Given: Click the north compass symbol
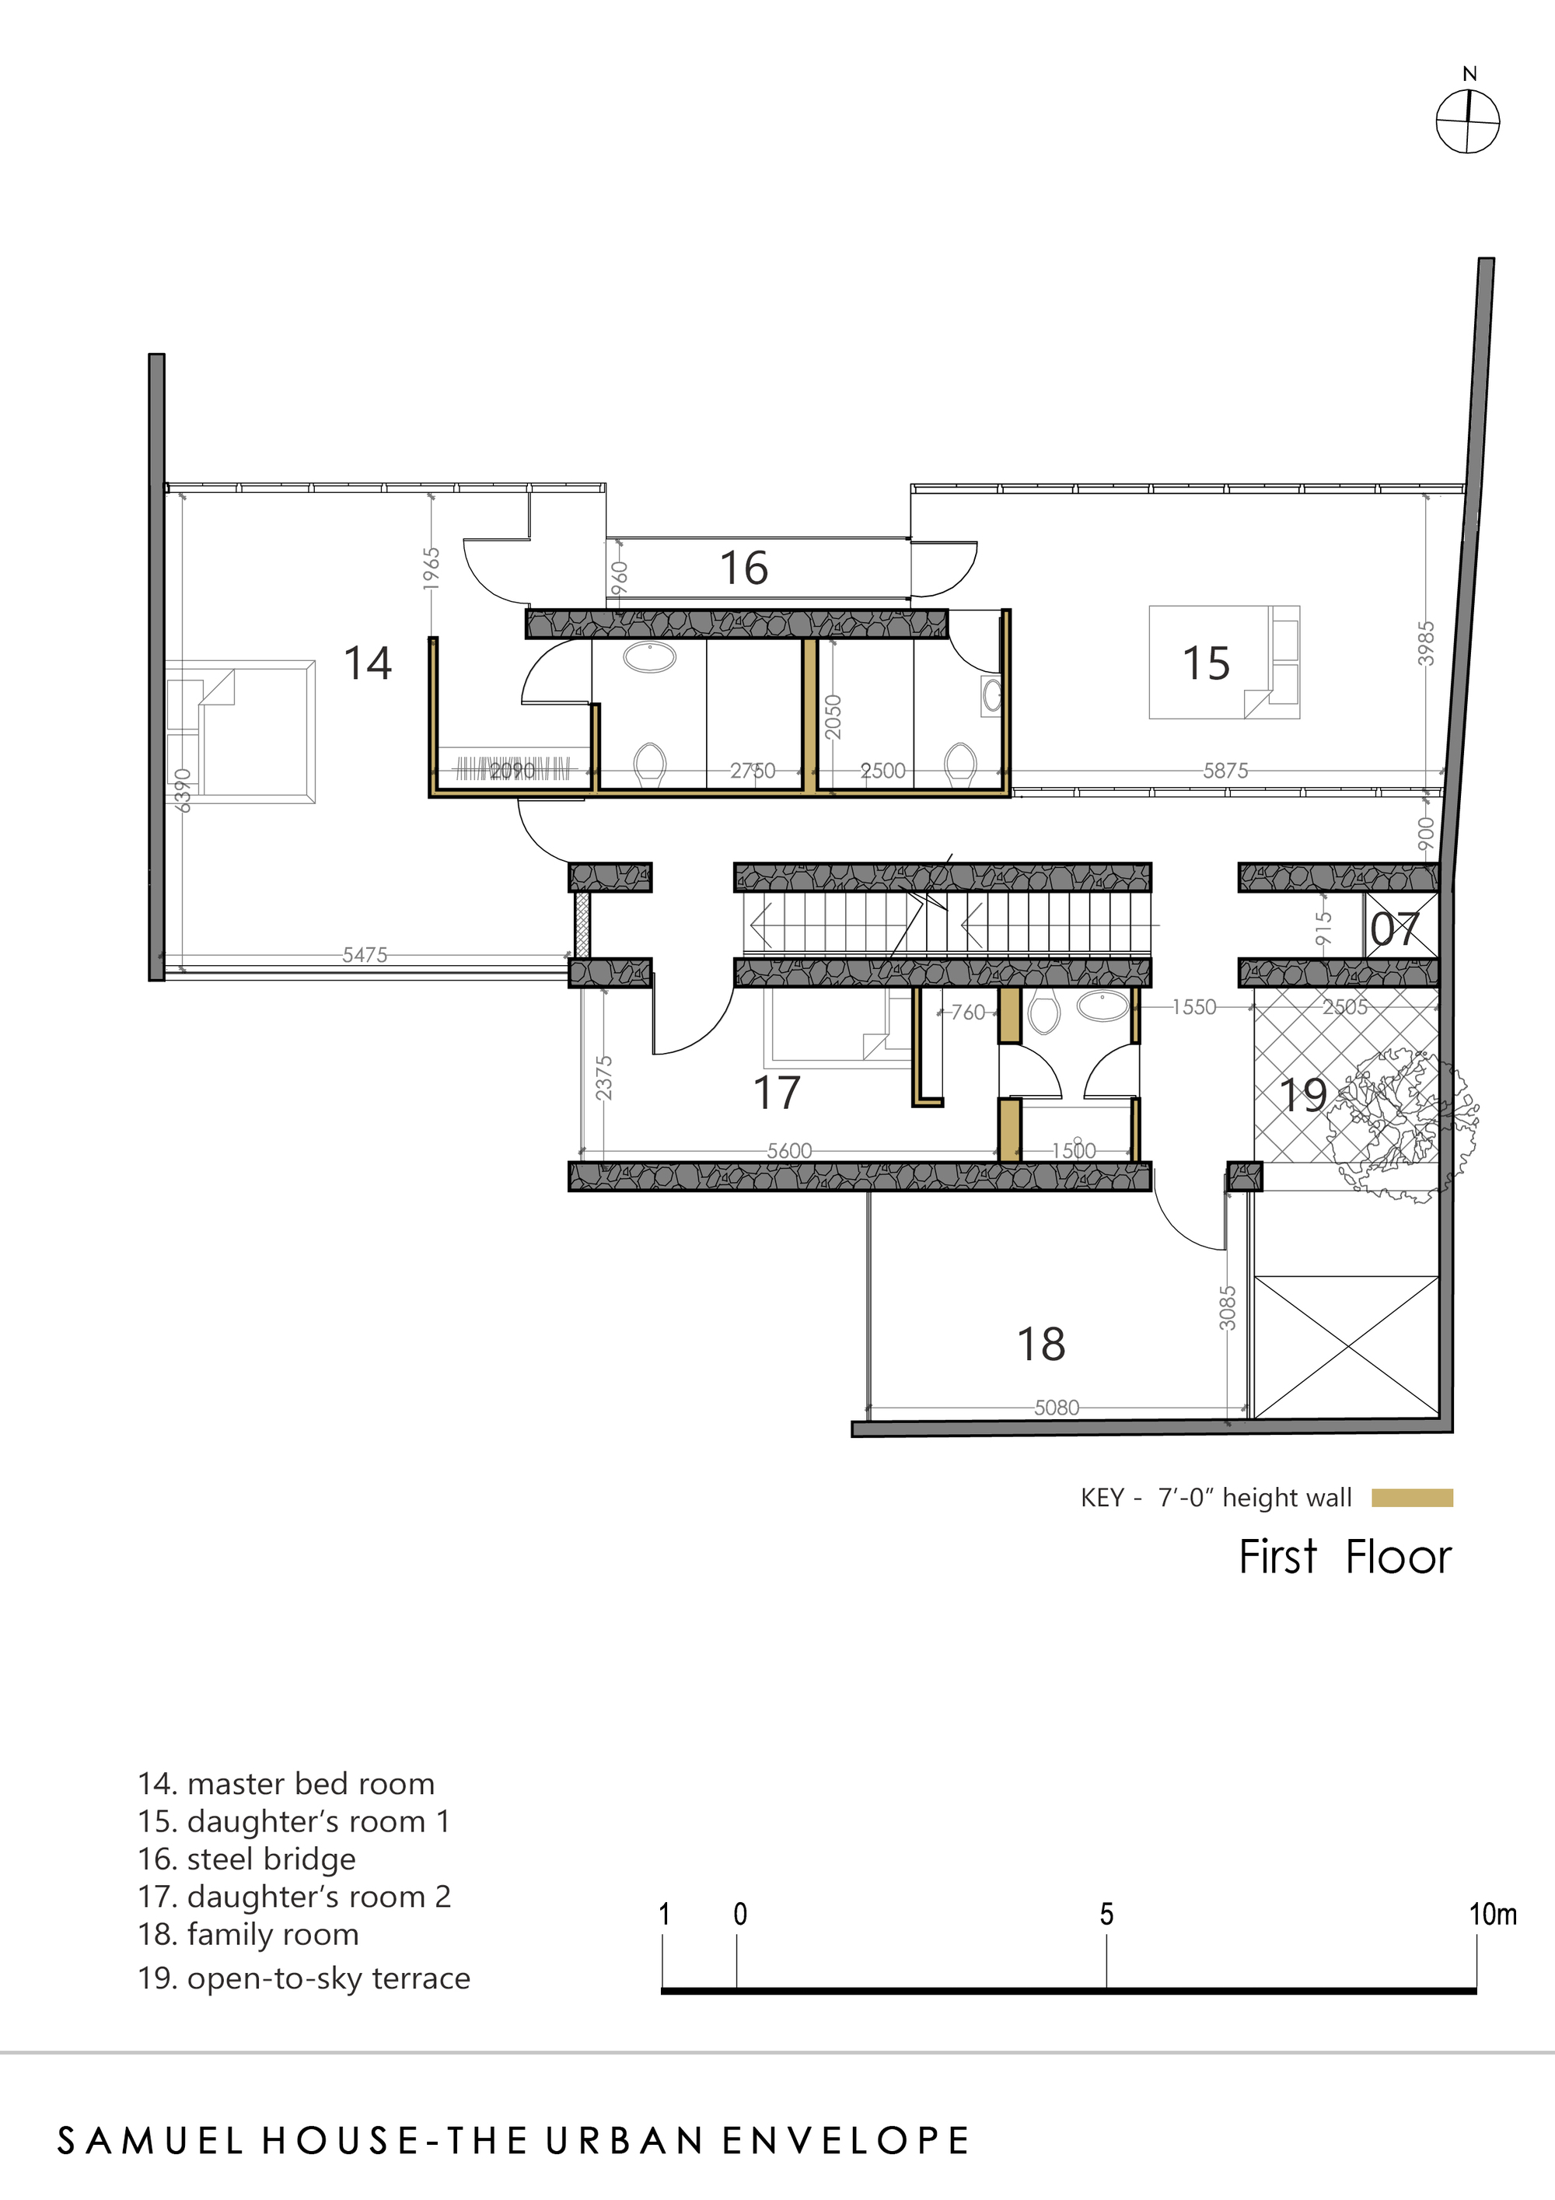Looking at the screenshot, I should point(1467,121).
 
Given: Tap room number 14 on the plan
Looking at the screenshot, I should point(368,663).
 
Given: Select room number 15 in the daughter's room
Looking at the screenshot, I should point(1205,663).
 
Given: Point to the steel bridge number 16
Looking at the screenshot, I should point(743,568).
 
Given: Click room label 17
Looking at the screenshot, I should point(776,1093).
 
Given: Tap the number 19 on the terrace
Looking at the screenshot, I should point(1303,1094).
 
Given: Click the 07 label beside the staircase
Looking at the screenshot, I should point(1394,929).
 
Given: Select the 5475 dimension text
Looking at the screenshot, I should point(365,954).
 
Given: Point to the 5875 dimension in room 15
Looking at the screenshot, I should point(1225,771).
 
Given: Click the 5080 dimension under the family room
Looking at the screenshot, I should point(1056,1408).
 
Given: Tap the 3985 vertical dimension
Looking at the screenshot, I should point(1427,643).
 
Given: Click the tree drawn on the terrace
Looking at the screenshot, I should point(1403,1121).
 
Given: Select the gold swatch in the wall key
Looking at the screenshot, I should point(1411,1498).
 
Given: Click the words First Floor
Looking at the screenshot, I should point(1344,1557).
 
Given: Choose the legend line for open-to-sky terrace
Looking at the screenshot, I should point(305,1978).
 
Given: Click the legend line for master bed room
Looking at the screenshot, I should point(286,1783).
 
